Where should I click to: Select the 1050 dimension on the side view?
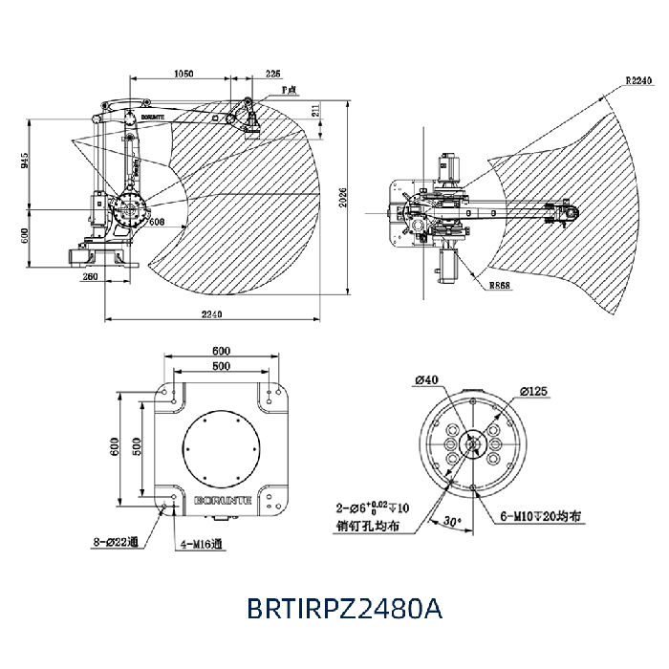184,74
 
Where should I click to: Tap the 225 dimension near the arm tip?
273,74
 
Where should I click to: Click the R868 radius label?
498,285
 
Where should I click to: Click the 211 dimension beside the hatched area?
315,112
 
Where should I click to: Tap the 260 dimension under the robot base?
91,277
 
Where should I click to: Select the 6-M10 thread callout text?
542,517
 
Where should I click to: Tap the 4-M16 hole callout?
202,546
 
